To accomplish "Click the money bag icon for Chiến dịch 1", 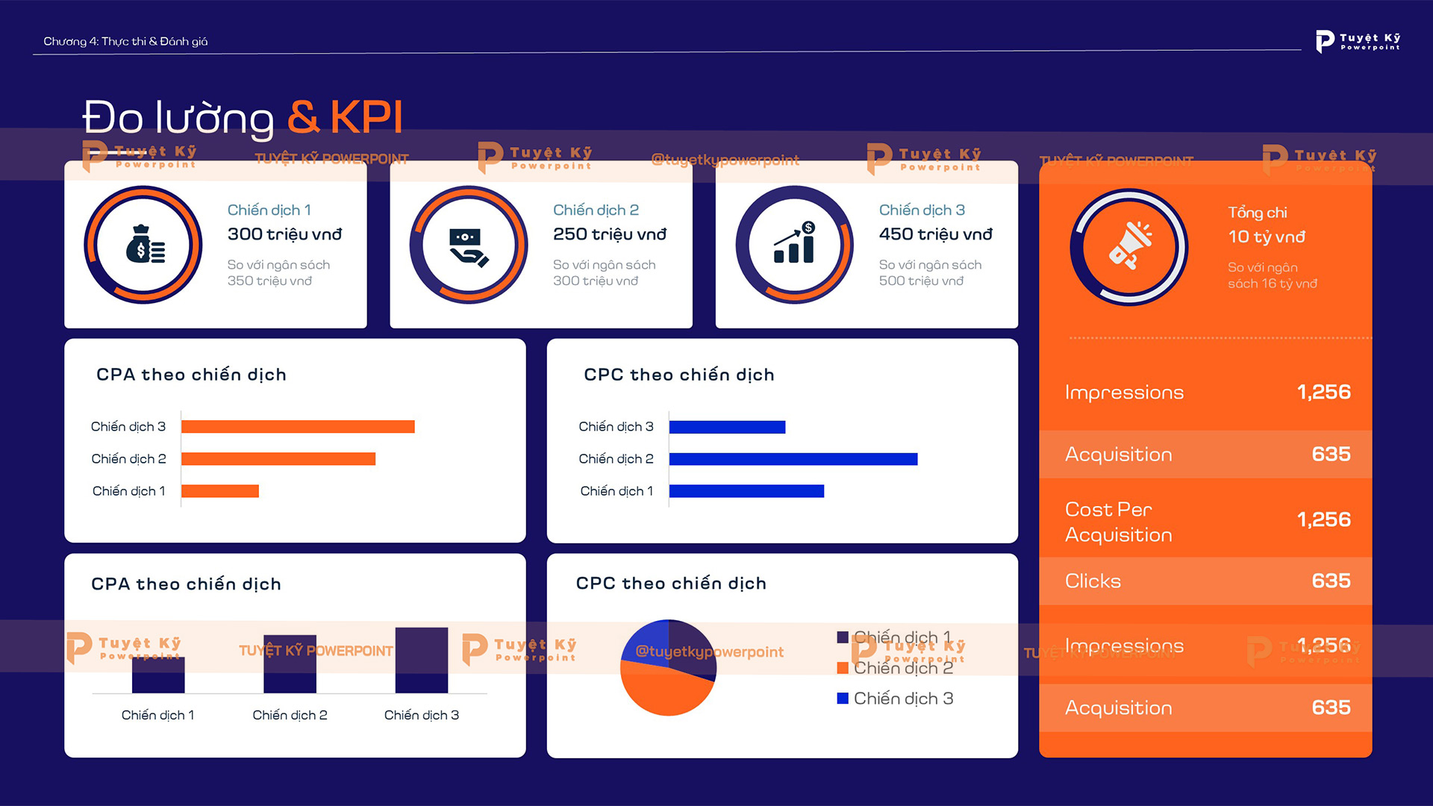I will [x=145, y=245].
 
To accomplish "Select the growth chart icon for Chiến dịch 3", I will [x=794, y=244].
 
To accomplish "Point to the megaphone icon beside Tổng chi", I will [x=1129, y=246].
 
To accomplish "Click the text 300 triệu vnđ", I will [x=284, y=234].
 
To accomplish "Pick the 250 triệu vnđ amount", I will [x=610, y=234].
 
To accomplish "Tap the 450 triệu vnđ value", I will [x=935, y=234].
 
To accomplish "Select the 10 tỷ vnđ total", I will [x=1267, y=237].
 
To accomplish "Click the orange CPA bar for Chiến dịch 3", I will [x=298, y=427].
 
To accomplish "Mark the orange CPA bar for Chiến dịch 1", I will [x=220, y=491].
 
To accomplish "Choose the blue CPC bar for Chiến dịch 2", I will [x=793, y=459].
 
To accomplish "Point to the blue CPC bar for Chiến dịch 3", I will [x=727, y=427].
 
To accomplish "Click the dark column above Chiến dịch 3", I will [x=422, y=660].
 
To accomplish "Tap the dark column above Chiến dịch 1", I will [x=158, y=675].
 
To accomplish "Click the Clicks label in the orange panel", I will [x=1093, y=581].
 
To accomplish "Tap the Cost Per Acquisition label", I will [x=1118, y=522].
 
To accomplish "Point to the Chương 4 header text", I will [x=125, y=41].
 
